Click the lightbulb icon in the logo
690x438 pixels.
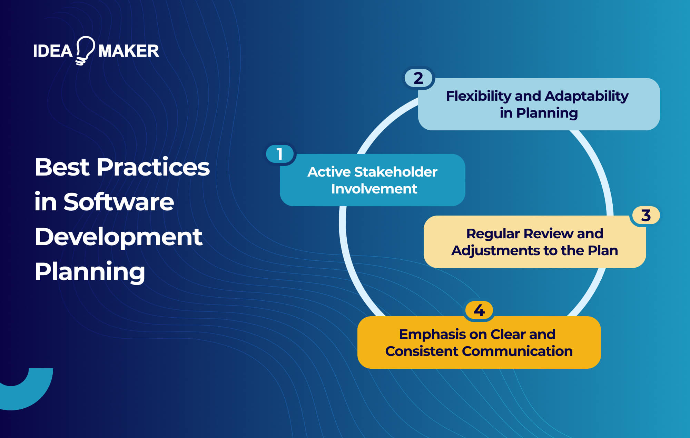click(x=85, y=50)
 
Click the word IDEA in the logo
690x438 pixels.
click(x=52, y=51)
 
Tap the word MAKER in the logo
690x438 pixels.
click(x=129, y=51)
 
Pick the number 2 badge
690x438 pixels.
click(x=418, y=78)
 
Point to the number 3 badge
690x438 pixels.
click(x=646, y=215)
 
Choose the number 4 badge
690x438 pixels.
click(x=479, y=310)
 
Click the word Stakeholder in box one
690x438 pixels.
click(x=396, y=172)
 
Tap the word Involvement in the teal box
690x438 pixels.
click(x=374, y=189)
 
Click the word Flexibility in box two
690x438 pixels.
click(x=479, y=96)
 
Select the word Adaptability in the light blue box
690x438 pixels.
click(x=586, y=96)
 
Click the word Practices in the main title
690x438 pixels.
click(x=153, y=167)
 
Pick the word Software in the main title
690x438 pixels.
click(x=119, y=202)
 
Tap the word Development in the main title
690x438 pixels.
click(x=118, y=237)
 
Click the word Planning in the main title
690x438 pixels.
click(x=90, y=272)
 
